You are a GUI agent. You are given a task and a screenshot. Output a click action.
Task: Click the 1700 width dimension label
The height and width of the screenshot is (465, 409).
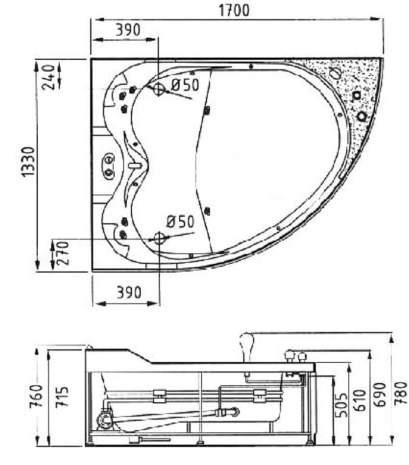pos(234,10)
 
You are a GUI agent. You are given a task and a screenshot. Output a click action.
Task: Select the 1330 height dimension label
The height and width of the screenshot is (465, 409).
pos(29,162)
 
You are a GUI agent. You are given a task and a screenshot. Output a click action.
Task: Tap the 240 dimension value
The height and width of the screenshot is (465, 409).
pos(49,77)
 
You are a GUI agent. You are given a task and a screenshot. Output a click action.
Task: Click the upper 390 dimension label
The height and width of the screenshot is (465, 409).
pos(128,30)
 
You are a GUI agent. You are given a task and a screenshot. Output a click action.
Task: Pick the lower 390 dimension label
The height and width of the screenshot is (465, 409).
pos(129,292)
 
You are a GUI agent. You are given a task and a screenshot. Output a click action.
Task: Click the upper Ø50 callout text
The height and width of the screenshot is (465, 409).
pos(185,85)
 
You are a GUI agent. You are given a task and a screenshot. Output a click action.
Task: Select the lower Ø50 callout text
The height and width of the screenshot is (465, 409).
pos(180,221)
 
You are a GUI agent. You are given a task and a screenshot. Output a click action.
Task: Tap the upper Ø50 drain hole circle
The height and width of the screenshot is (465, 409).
pos(159,89)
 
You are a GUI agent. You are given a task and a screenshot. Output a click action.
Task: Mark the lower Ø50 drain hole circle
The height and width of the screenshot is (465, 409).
pos(159,238)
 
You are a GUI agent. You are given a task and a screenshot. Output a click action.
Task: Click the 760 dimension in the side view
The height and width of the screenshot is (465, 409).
pos(36,396)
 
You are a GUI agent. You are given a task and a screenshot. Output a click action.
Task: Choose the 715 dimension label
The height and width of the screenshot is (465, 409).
pos(62,396)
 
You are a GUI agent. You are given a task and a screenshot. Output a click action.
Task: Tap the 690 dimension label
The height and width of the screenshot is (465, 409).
pos(380,395)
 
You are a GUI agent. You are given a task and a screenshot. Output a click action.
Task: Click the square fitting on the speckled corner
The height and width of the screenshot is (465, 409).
pos(357,95)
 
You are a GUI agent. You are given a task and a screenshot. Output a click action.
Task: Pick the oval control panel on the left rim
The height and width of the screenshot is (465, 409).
pos(109,166)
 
